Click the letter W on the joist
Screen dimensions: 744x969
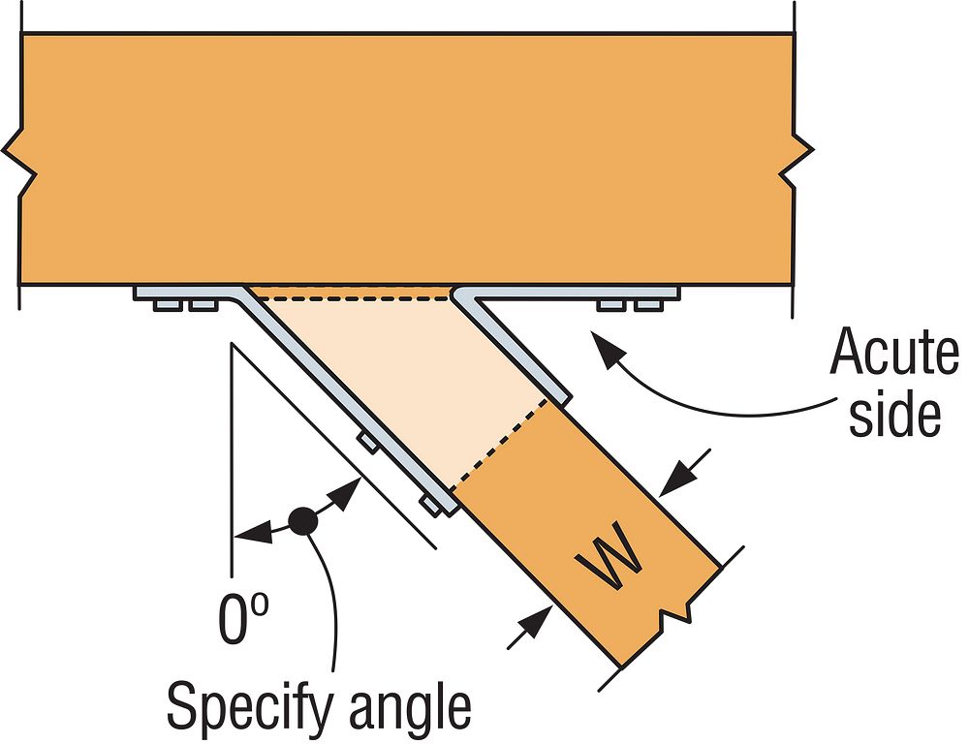608,561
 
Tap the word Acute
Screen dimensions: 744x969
892,355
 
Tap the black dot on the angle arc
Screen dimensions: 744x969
305,521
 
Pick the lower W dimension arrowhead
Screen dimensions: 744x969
528,626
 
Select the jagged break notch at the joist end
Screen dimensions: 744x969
674,613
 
